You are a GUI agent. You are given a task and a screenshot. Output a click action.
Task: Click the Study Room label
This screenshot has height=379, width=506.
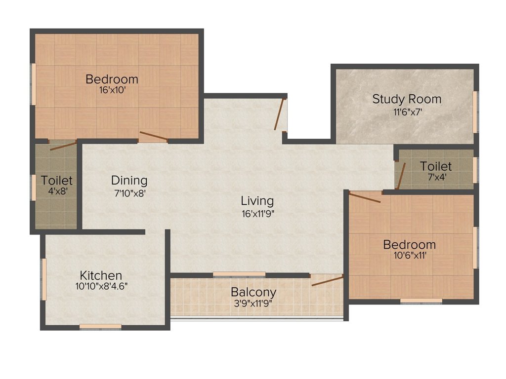tap(407, 99)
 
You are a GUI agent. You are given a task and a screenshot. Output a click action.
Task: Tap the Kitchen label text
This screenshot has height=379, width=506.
tap(101, 275)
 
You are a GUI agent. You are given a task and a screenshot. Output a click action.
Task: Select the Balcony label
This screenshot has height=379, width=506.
tap(253, 292)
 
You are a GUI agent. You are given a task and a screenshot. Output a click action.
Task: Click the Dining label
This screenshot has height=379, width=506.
tap(129, 181)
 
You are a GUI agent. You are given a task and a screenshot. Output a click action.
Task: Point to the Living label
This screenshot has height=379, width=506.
tap(257, 201)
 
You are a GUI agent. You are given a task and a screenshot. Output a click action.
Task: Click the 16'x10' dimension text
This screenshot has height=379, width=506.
tap(112, 90)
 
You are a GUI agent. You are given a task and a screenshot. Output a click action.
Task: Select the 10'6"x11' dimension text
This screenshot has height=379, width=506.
tap(410, 256)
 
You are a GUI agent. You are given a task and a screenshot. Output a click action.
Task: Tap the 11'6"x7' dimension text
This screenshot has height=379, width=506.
tap(408, 112)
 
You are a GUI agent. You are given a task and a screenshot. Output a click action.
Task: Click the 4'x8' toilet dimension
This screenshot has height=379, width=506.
tap(57, 191)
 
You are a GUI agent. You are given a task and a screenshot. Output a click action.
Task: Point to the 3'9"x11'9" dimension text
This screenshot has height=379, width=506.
tap(253, 303)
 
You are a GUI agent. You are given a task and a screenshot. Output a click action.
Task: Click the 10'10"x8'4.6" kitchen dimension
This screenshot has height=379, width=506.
tap(101, 286)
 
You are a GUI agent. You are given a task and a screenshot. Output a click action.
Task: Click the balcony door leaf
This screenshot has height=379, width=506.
tap(327, 281)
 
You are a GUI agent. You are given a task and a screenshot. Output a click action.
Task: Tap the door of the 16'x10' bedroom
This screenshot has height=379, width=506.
tap(154, 136)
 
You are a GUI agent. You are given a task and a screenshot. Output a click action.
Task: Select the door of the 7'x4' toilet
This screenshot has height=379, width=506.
tap(401, 176)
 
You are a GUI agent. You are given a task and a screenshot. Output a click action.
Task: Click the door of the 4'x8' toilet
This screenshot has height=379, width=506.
tap(63, 145)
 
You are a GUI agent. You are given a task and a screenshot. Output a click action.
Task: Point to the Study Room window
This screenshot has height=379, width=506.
tap(475, 112)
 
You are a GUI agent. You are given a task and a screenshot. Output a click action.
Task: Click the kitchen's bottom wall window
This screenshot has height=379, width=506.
tap(100, 327)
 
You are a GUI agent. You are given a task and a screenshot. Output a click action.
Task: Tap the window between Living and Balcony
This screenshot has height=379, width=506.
tap(239, 274)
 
